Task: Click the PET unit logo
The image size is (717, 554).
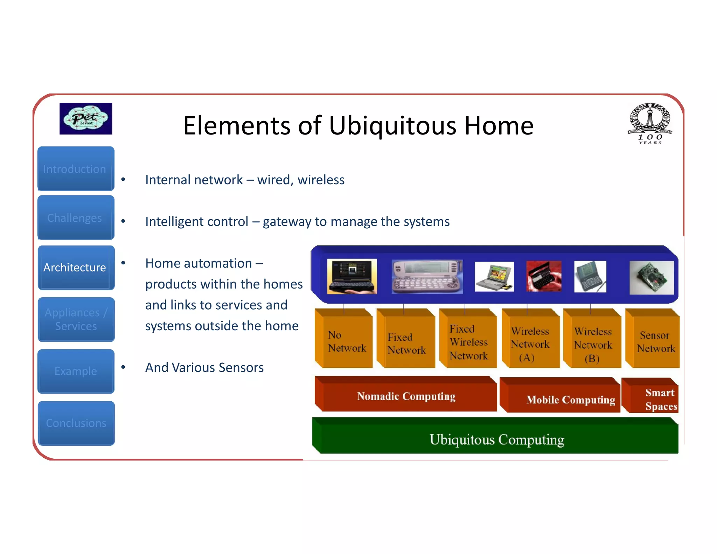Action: [x=86, y=119]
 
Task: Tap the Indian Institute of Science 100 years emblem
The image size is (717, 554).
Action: [x=650, y=123]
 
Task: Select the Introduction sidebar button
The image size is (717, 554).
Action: [x=76, y=169]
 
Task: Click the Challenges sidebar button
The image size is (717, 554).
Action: [x=76, y=218]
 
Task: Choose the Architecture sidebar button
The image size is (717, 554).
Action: [x=76, y=268]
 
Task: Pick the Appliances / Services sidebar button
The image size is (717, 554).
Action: [x=76, y=319]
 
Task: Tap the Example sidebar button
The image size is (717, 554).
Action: [x=76, y=371]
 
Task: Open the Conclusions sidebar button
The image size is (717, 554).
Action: [x=76, y=423]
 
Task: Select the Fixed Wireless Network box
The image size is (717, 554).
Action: [x=468, y=342]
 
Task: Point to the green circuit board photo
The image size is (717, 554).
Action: [x=651, y=278]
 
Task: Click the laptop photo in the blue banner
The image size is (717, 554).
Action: [x=494, y=277]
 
